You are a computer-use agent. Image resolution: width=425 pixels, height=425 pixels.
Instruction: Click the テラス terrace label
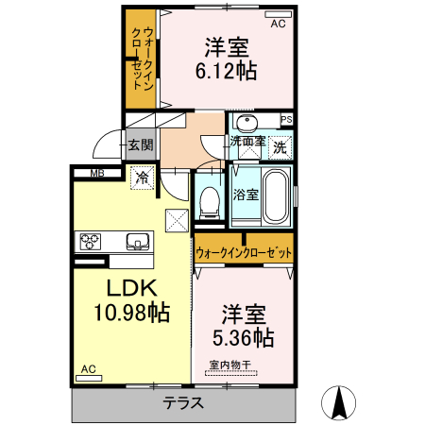pos(184,403)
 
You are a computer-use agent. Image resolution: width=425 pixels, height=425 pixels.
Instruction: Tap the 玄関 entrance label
pos(140,146)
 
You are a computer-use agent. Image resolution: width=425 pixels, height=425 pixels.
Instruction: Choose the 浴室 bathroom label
pos(246,195)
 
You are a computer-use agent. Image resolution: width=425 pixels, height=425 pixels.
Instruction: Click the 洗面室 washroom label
pos(248,142)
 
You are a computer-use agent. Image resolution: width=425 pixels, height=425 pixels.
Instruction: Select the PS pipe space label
pos(286,119)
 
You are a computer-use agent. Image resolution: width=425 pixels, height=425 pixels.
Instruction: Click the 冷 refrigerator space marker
pos(142,177)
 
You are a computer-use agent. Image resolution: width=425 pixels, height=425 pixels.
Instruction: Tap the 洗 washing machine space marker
pos(280,147)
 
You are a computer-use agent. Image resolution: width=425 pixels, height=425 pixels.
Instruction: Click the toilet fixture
pos(210,202)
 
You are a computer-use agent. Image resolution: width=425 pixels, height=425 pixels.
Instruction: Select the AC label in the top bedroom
pos(278,25)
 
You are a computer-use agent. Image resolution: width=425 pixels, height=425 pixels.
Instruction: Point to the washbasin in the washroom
pos(247,124)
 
